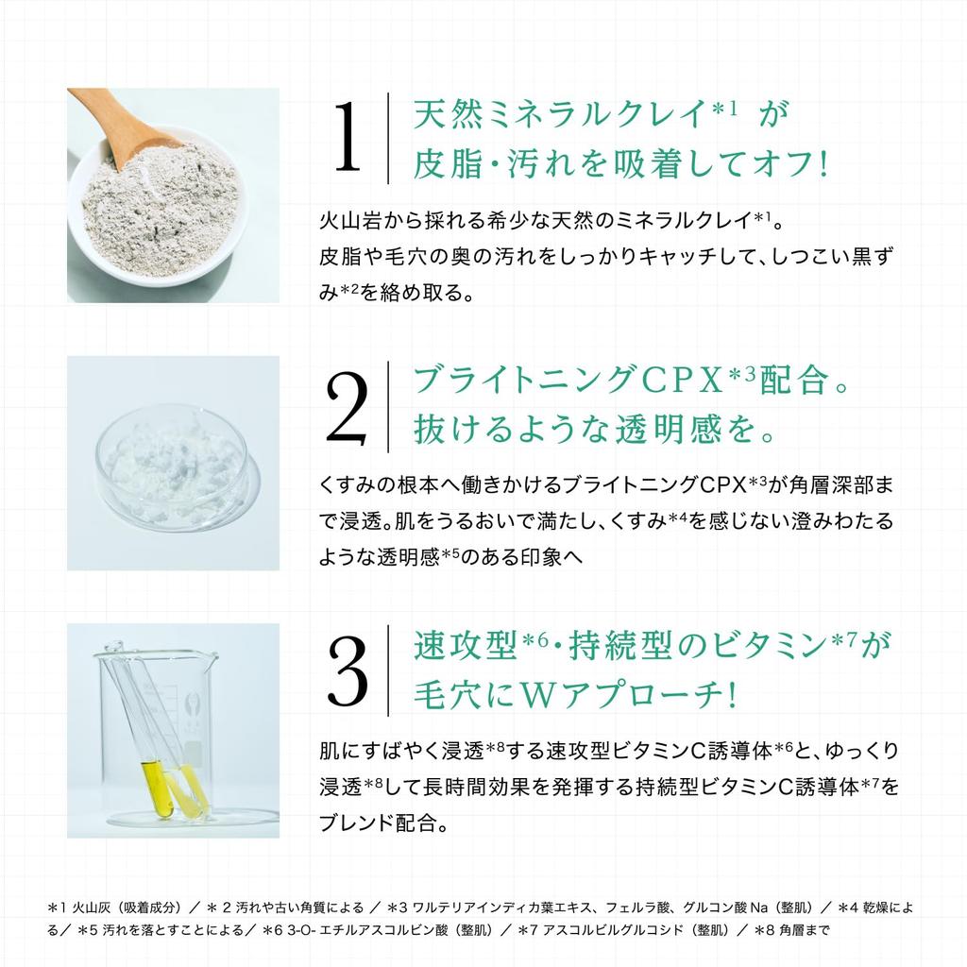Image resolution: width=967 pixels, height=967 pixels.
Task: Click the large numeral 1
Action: click(348, 139)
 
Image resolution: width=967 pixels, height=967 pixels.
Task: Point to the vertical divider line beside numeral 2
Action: click(388, 407)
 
